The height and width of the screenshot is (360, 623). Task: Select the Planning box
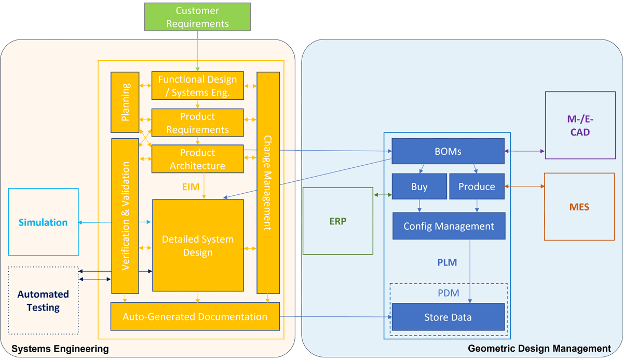point(125,102)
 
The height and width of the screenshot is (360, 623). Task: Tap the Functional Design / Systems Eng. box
point(197,86)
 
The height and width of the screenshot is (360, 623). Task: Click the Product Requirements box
point(197,123)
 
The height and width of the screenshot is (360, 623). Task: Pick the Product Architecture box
point(197,159)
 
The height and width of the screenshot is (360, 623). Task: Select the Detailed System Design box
point(197,246)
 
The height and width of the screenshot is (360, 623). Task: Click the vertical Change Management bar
point(268,182)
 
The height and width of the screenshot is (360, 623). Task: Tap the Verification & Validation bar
point(125,216)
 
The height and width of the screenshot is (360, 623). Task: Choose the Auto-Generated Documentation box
point(195,316)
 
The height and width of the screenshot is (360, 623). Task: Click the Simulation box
point(43,222)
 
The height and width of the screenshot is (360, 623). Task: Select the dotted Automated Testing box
point(43,300)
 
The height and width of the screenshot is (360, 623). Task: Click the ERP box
point(337,221)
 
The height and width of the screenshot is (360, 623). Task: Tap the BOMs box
point(448,152)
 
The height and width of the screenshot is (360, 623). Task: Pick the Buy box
point(419,186)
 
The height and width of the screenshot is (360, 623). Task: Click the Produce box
point(477,186)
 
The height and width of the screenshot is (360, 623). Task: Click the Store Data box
point(448,317)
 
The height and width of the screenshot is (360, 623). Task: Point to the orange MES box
point(579,207)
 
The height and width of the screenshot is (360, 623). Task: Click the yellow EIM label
point(191,186)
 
